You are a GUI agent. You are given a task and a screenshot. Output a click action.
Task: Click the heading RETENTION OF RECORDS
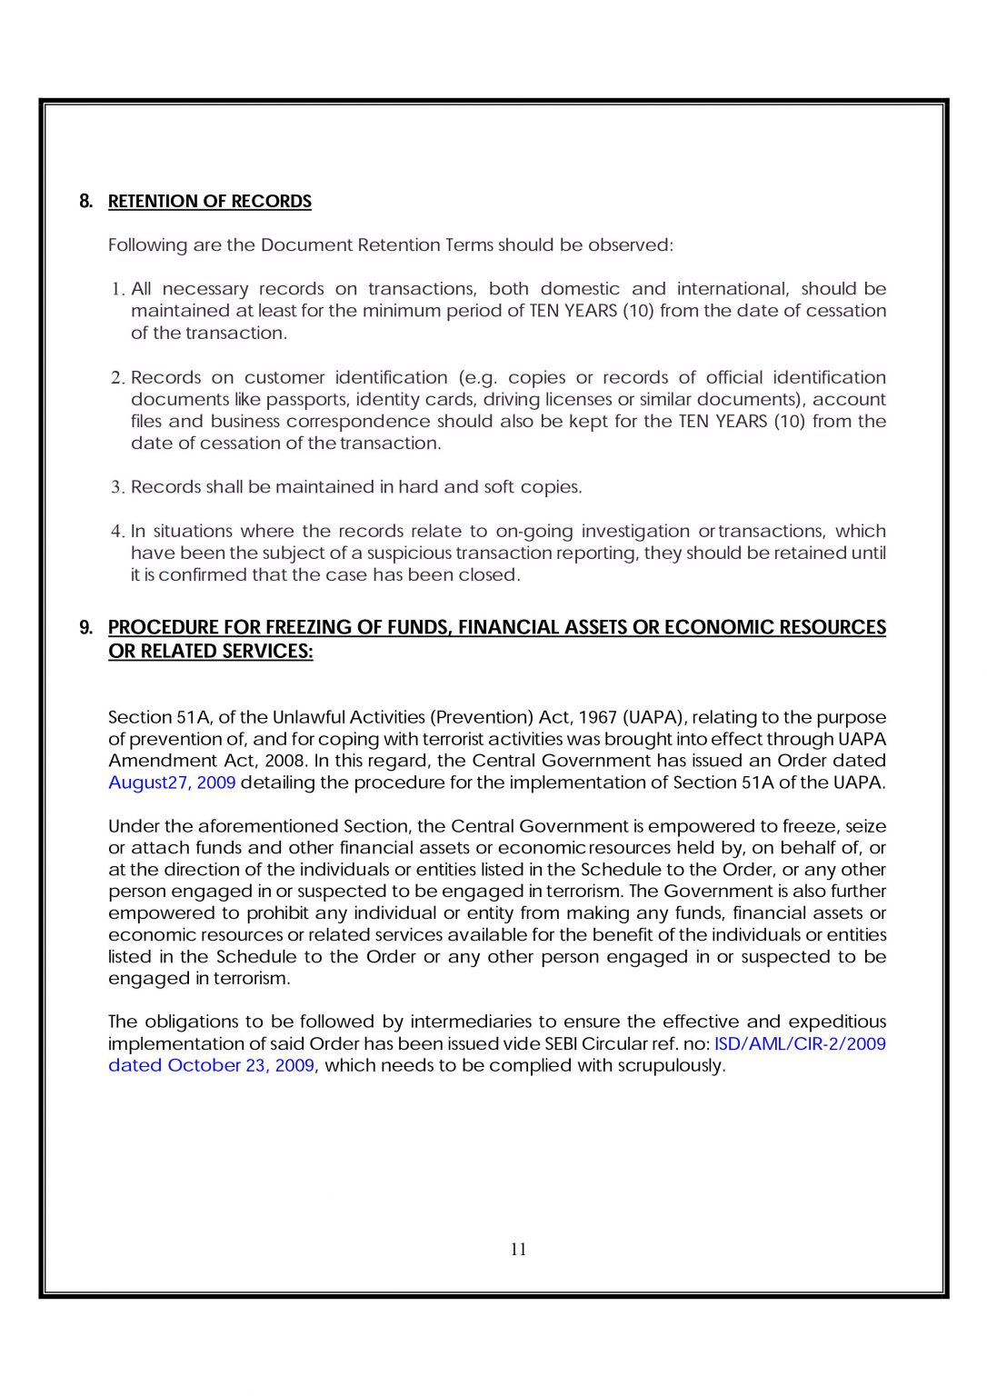[x=209, y=202]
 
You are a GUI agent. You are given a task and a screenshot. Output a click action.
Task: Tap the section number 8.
[x=85, y=202]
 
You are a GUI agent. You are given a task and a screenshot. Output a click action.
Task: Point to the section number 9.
[x=85, y=628]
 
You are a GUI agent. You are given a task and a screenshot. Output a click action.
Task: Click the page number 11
[x=518, y=1250]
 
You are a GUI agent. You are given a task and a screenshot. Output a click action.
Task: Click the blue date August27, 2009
[x=172, y=783]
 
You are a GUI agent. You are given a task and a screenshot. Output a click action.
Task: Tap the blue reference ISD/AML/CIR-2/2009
[x=800, y=1044]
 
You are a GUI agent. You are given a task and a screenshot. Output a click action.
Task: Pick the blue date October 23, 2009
[x=241, y=1066]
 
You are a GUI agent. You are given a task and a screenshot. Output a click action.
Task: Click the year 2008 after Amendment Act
[x=284, y=762]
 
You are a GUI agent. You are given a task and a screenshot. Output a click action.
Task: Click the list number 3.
[x=117, y=488]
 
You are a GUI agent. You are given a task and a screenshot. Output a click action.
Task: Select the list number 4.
[x=117, y=532]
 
